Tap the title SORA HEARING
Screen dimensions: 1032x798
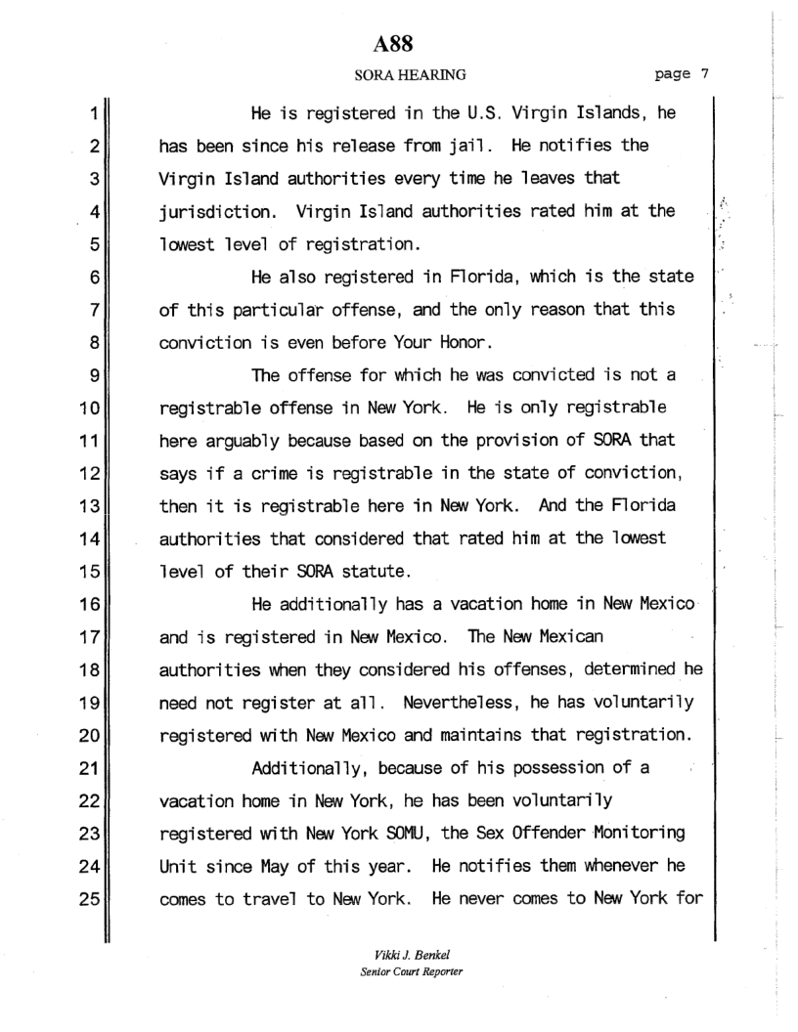396,72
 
